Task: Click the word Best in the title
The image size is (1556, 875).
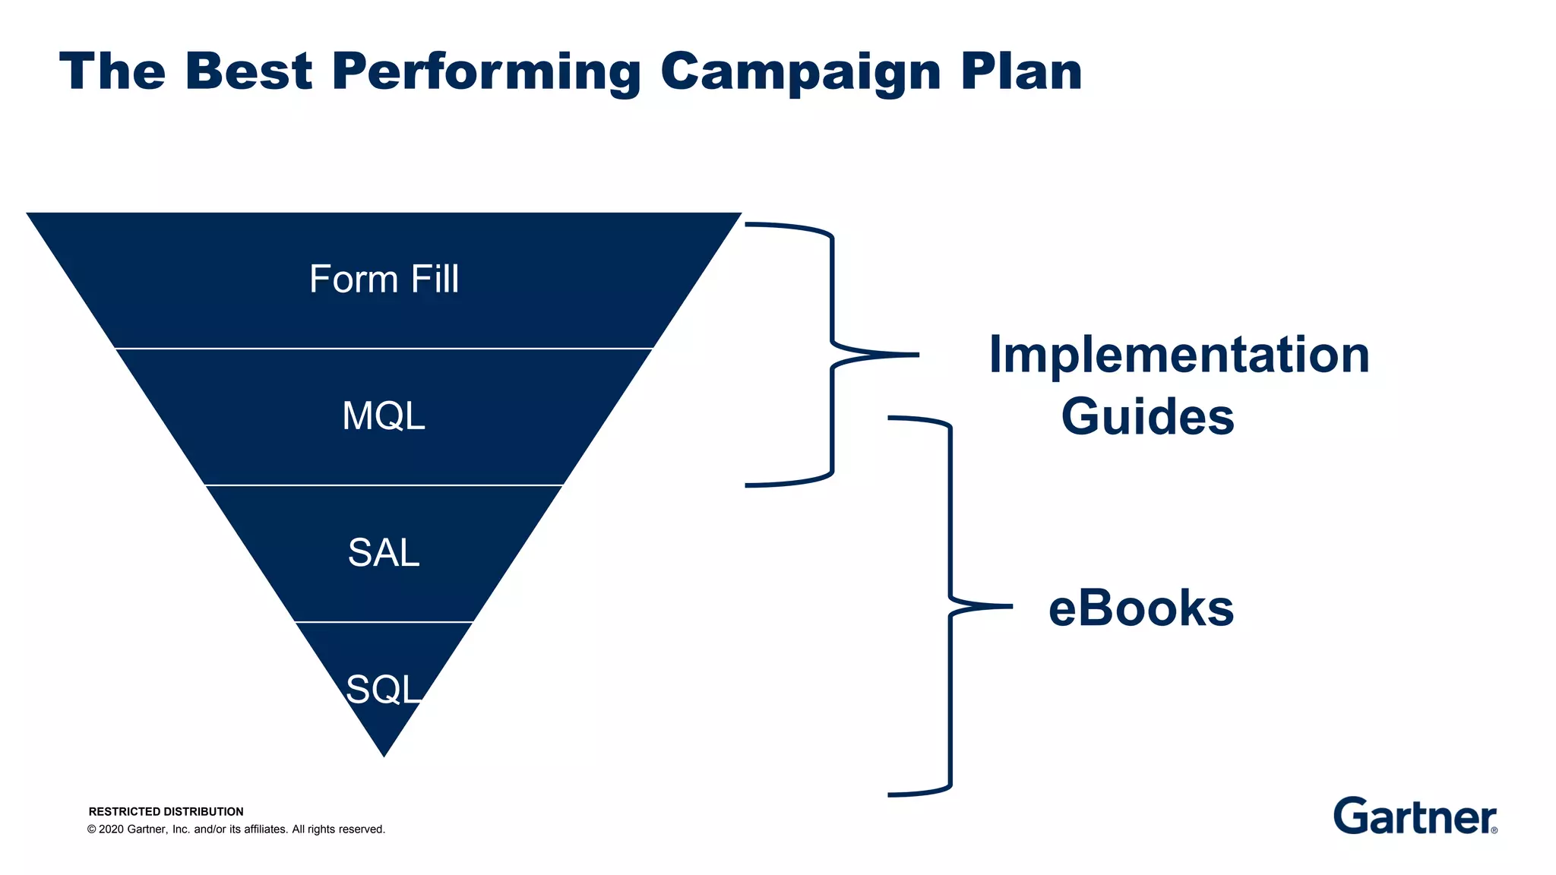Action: [x=248, y=72]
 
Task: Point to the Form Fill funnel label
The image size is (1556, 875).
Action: [x=384, y=279]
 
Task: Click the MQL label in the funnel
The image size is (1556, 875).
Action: [x=384, y=416]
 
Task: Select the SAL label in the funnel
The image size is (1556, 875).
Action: [x=384, y=553]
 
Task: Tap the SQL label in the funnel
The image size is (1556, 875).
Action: [x=383, y=690]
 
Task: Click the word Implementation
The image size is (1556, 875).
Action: [x=1178, y=355]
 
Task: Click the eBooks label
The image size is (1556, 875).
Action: [x=1140, y=608]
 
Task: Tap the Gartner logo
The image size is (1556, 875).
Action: [x=1413, y=817]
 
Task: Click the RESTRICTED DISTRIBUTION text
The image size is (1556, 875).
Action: [x=166, y=811]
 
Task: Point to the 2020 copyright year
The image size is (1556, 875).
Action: [x=112, y=829]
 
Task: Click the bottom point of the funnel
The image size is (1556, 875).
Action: [x=384, y=756]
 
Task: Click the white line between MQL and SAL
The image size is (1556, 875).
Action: [x=384, y=485]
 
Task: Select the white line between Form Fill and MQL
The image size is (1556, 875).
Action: [x=384, y=349]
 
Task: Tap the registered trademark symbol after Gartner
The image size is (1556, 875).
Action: [x=1494, y=830]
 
